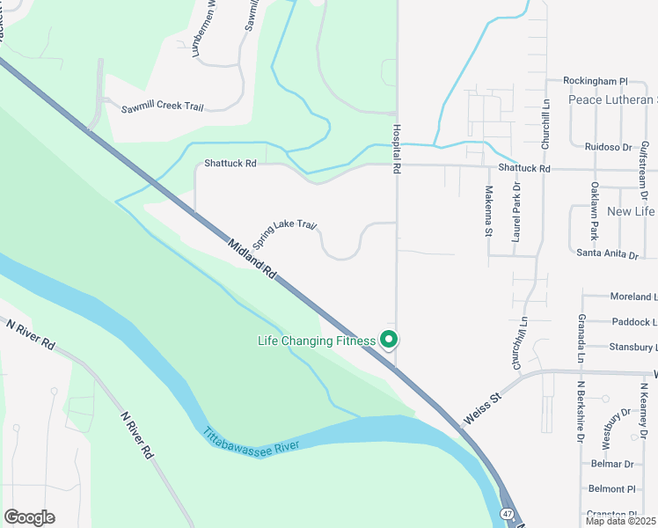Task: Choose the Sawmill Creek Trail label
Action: pos(164,106)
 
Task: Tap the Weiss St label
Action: pos(482,410)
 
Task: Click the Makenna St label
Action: pos(488,212)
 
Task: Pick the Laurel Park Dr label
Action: pos(516,212)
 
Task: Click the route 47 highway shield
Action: pos(507,513)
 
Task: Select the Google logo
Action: pos(29,517)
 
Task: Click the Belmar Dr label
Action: pos(613,464)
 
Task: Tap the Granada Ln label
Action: pos(581,338)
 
